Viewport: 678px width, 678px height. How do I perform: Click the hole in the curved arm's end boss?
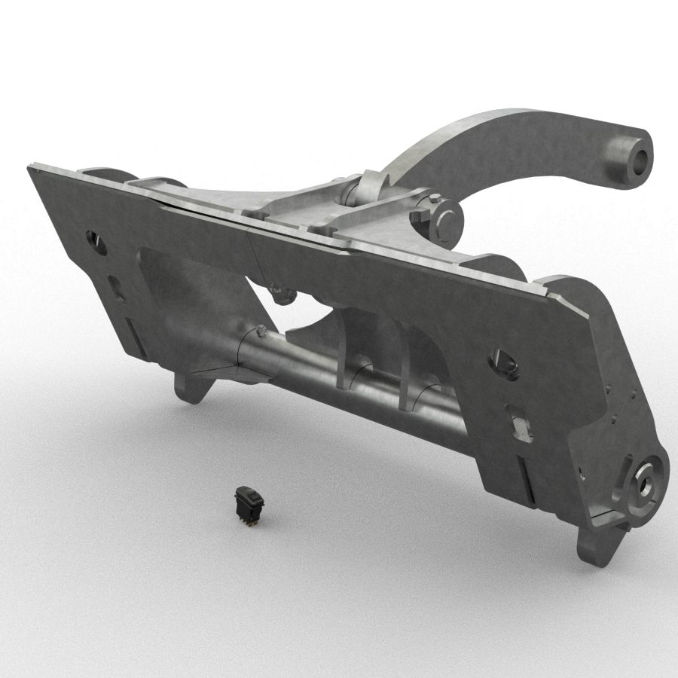640,157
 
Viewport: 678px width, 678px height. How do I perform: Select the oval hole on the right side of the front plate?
503,364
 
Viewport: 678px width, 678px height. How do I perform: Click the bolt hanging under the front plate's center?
281,294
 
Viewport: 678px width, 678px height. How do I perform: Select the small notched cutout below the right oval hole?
520,423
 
